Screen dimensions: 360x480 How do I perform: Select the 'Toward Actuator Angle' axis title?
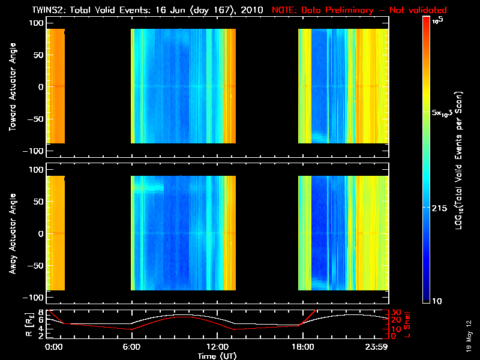11,87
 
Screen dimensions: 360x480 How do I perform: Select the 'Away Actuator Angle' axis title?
11,234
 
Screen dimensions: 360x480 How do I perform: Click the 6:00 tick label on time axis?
131,347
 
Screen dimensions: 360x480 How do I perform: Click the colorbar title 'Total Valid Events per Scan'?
460,159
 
